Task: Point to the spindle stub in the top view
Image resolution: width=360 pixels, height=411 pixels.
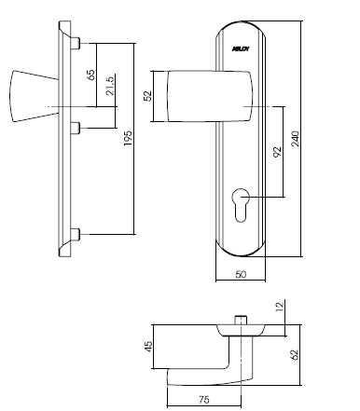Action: [x=242, y=320]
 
